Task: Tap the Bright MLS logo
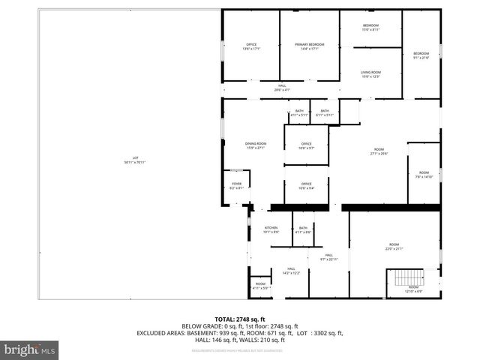[30, 349]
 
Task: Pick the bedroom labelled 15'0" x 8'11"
[371, 28]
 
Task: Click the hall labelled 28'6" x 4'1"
[282, 87]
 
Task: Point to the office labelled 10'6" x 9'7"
[306, 145]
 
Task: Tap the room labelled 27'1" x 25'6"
[378, 152]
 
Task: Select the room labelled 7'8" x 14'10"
[424, 174]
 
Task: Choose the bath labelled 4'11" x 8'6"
[303, 229]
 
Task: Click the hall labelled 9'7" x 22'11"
[328, 256]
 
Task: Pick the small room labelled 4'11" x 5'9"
[260, 286]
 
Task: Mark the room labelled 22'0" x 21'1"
[394, 247]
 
